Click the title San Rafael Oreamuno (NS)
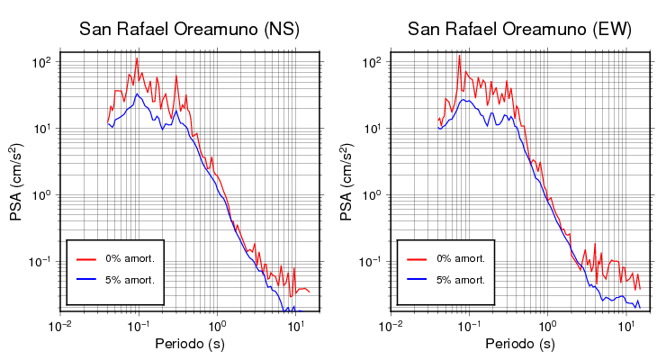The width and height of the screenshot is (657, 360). (189, 30)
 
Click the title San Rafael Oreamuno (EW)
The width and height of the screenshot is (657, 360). (519, 30)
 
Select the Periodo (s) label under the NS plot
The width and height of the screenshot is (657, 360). (190, 344)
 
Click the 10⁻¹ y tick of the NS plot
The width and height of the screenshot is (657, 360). (40, 262)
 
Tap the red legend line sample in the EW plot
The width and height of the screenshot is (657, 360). (418, 258)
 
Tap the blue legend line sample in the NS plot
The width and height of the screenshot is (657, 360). (87, 280)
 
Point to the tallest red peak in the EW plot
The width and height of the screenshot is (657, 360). (459, 56)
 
